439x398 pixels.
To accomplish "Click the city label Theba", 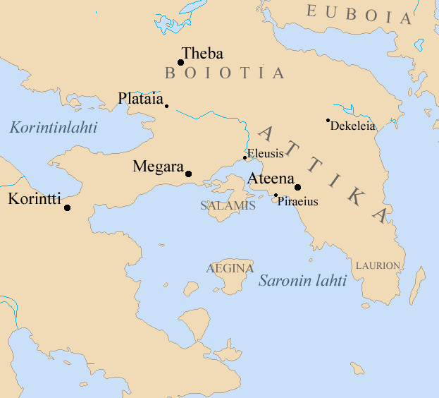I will pos(202,54).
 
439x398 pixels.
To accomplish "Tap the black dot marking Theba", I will pos(180,62).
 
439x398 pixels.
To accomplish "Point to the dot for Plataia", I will pos(166,106).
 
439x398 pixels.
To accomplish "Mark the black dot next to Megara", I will pos(188,174).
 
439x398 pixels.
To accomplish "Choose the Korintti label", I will pos(35,198).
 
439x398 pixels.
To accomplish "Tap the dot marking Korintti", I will pos(67,207).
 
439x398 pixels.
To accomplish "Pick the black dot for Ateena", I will pos(298,187).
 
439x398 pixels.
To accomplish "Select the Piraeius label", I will pos(298,202).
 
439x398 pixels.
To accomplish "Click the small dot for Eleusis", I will pos(245,158).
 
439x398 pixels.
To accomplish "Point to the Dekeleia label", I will pos(353,126).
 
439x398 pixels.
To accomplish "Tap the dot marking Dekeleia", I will pos(328,121).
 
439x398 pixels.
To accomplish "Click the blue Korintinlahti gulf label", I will pos(54,128).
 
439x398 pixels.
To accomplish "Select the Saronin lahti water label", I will pos(302,280).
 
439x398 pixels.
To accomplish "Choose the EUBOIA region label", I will pos(358,14).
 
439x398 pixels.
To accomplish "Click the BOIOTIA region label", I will pos(224,73).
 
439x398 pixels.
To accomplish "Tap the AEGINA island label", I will pos(229,268).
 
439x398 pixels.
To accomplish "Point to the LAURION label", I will pos(378,266).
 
